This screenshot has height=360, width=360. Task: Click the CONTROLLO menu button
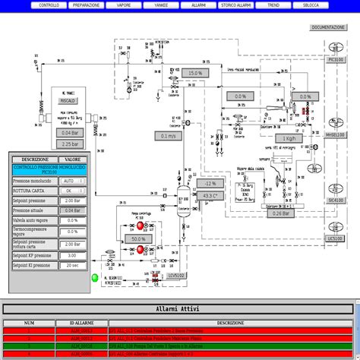coord(49,5)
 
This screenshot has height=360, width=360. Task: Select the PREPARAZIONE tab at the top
coord(85,5)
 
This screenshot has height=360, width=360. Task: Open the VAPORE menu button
coord(123,5)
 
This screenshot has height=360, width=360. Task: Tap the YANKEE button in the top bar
coord(161,5)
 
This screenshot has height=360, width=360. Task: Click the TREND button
coord(273,5)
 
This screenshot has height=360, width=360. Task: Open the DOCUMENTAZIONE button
coord(328,27)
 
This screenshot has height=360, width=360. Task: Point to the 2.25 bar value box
coord(71,144)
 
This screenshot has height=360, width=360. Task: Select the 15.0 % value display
coord(194,73)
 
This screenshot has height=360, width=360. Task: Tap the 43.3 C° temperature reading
coord(210,196)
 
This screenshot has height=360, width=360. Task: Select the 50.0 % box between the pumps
coord(137,238)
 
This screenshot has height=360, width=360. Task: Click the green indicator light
coord(95,277)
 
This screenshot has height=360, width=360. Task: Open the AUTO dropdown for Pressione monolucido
coord(70,181)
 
